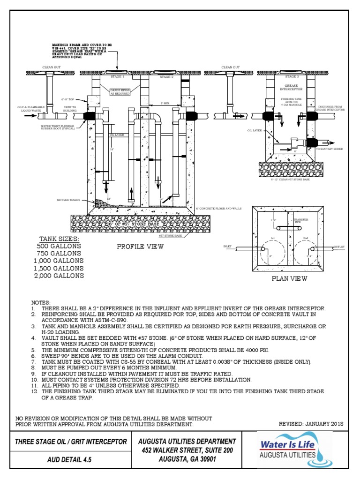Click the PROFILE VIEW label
tap(140, 247)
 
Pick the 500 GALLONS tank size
tap(59, 246)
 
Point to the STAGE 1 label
tap(117, 76)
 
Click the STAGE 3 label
tap(292, 76)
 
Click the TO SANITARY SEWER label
tap(329, 149)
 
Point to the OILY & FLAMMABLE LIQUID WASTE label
tap(28, 109)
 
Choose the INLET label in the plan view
tap(228, 246)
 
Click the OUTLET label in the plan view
tap(338, 246)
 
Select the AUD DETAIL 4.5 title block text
tap(70, 459)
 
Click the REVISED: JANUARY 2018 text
tap(311, 423)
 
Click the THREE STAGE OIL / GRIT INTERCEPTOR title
tap(71, 442)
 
